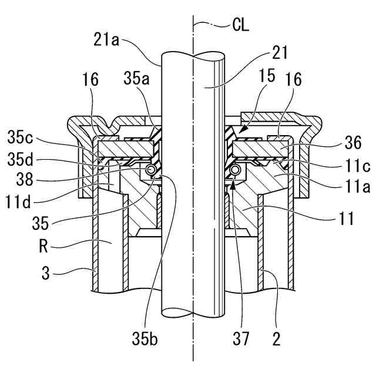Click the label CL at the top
pos(240,25)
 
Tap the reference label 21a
pos(106,39)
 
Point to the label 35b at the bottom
pos(145,339)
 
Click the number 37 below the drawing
pos(241,339)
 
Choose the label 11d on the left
pos(18,202)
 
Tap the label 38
pos(25,179)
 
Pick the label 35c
pos(20,138)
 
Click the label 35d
pos(20,160)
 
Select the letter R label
pos(43,247)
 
